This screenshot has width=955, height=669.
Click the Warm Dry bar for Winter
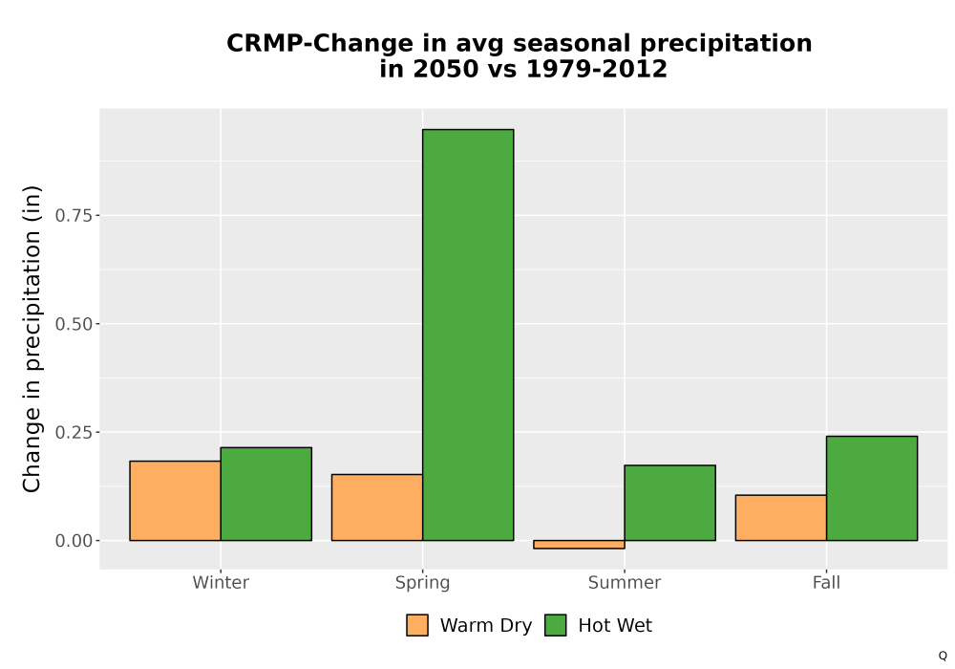click(176, 501)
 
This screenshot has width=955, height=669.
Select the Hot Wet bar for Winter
click(266, 494)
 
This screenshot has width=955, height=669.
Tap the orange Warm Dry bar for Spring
click(377, 507)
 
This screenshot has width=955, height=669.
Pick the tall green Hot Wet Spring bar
click(468, 335)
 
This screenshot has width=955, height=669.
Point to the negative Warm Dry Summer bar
click(580, 544)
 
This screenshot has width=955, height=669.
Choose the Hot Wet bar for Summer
click(670, 503)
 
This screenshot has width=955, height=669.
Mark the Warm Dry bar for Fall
click(781, 518)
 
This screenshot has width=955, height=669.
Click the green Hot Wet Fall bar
click(872, 488)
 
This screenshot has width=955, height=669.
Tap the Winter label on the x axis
click(221, 582)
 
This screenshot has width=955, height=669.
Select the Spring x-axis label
click(423, 583)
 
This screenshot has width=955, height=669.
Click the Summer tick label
click(625, 582)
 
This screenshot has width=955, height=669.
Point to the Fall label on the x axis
click(826, 582)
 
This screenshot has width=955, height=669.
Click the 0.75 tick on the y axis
click(74, 216)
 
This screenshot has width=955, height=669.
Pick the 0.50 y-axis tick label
click(74, 324)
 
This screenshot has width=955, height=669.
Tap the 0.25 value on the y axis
click(74, 433)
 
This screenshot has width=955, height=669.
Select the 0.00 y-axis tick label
click(74, 541)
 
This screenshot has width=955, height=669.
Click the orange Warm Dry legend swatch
click(417, 625)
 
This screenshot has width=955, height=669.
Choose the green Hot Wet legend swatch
click(556, 625)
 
